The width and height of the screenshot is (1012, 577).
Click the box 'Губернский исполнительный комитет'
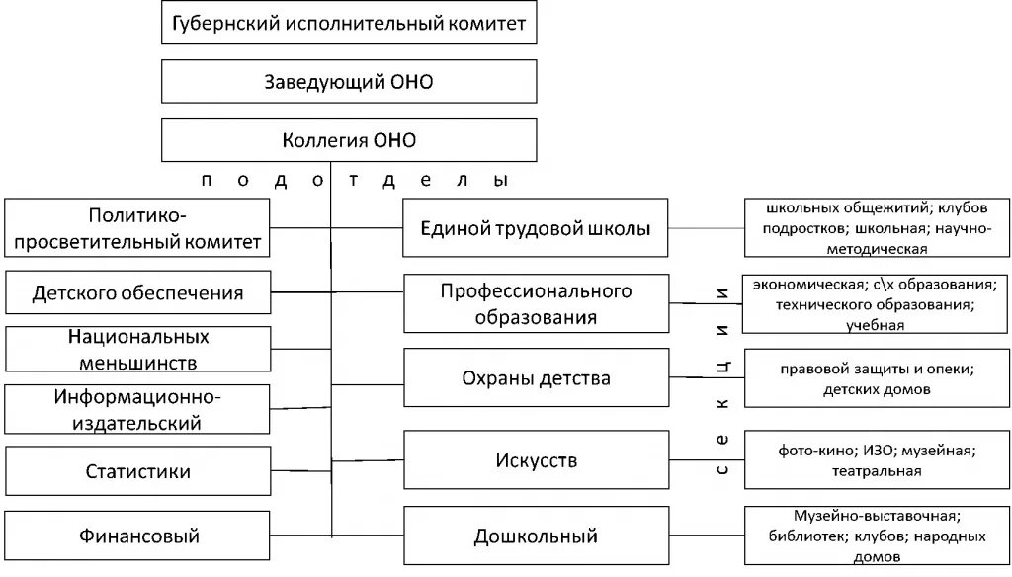click(349, 23)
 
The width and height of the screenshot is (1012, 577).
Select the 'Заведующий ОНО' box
click(349, 81)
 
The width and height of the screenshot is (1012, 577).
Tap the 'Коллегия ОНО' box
click(349, 139)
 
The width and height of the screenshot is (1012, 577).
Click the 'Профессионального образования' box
click(536, 303)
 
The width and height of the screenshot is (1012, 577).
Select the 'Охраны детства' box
click(536, 378)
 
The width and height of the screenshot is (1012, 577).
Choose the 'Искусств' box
click(536, 460)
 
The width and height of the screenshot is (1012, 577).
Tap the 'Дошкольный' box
click(536, 536)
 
